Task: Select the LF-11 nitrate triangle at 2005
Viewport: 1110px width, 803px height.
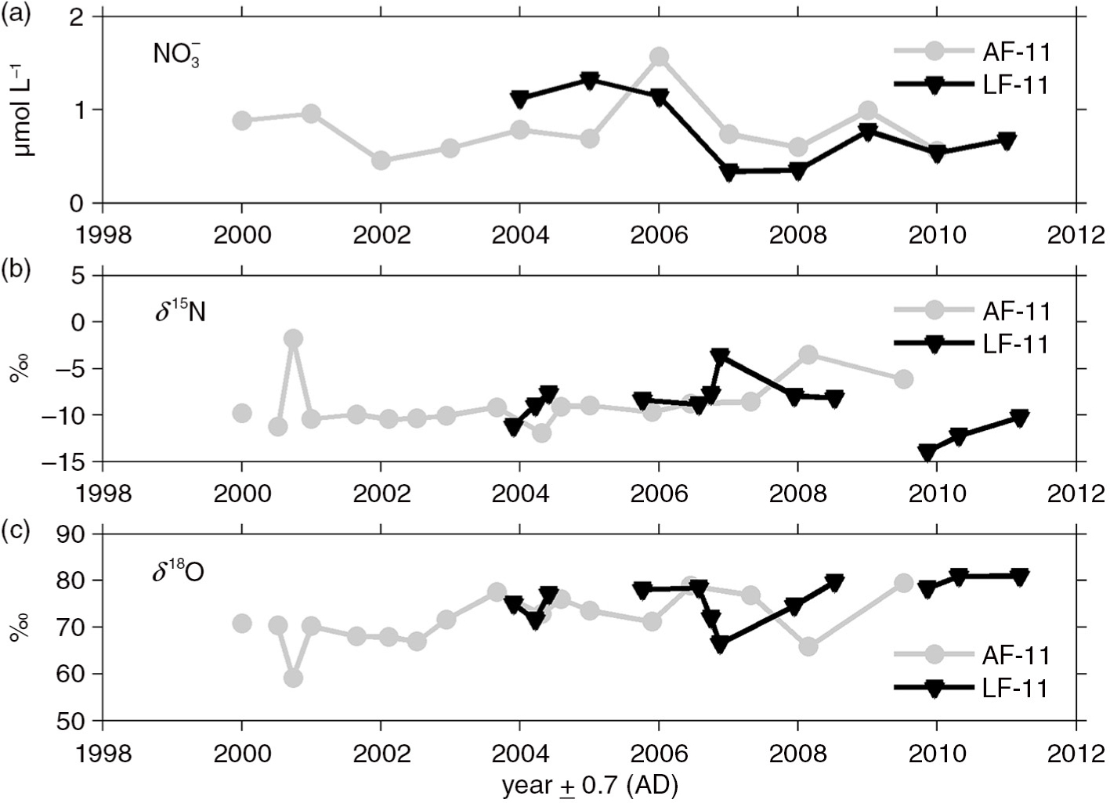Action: (589, 81)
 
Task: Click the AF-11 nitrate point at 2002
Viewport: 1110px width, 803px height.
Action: (381, 161)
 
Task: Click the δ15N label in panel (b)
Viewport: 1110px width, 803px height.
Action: (180, 313)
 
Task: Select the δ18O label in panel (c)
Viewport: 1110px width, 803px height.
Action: (178, 572)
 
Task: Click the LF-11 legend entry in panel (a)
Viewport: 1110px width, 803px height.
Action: (972, 85)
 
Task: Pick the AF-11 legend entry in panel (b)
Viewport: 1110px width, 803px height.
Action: (972, 311)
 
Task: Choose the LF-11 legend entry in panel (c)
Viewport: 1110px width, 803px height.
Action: (972, 688)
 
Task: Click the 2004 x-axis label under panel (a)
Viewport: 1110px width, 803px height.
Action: (520, 234)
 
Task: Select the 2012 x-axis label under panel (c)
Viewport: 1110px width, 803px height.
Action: (1076, 753)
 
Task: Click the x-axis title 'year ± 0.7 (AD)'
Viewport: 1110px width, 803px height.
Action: (590, 787)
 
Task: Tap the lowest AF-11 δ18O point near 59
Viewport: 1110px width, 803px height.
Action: (293, 678)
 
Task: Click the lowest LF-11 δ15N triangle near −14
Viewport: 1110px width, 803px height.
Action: (927, 453)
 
